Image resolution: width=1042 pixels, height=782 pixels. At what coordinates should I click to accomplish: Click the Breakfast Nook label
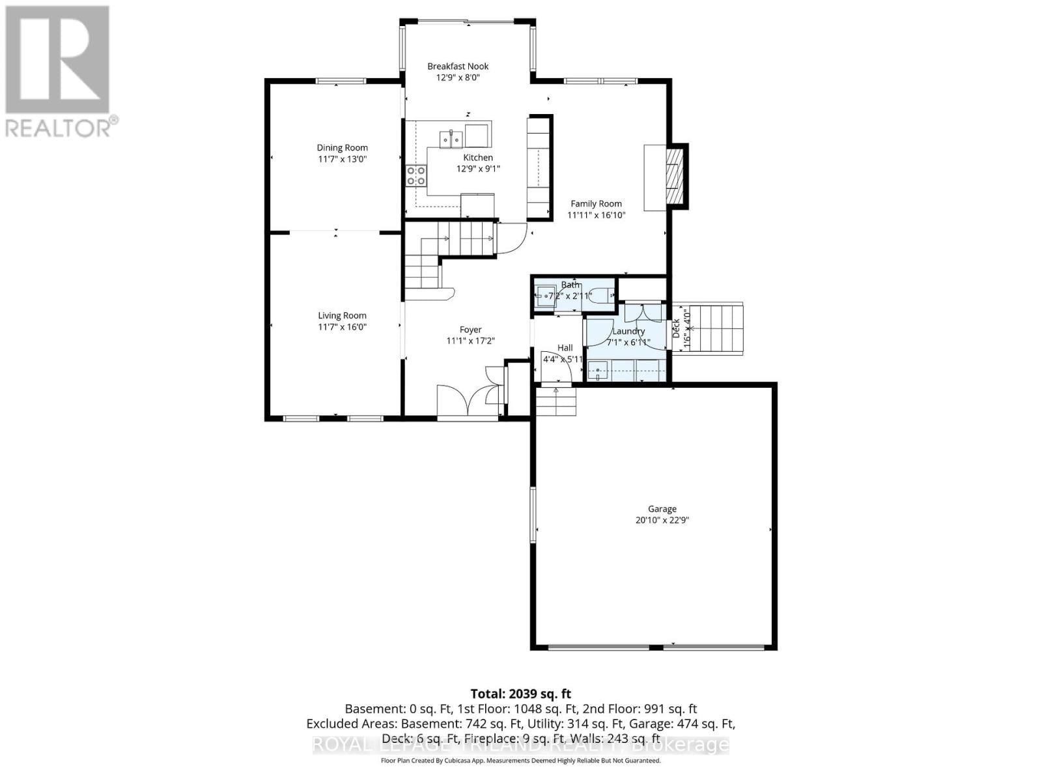click(x=458, y=66)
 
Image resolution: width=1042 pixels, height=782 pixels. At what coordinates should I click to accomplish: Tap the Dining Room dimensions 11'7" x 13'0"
click(x=342, y=158)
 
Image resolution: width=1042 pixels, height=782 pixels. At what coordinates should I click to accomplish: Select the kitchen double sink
click(x=451, y=139)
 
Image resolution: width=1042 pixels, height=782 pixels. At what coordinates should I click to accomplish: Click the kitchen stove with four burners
click(x=416, y=175)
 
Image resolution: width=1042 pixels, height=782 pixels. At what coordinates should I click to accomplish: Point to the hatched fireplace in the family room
click(x=675, y=176)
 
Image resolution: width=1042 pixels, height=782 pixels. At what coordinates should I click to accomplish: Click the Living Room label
click(x=342, y=315)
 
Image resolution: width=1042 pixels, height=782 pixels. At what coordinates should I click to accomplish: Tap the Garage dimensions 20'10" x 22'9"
click(x=662, y=520)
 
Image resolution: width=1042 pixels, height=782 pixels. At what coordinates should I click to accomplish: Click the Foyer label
click(x=470, y=330)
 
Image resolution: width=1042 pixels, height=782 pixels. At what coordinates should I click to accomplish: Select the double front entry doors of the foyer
click(x=468, y=401)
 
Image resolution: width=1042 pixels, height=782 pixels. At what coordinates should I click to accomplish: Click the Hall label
click(x=565, y=347)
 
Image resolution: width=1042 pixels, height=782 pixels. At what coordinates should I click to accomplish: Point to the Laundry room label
click(x=628, y=331)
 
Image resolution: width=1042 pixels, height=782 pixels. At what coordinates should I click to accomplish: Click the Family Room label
click(x=596, y=203)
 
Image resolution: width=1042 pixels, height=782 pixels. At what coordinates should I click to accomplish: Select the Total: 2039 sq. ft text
click(x=520, y=694)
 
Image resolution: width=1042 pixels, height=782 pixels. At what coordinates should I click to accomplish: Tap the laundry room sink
click(x=598, y=372)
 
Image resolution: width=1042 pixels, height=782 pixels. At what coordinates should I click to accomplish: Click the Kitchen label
click(x=478, y=157)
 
